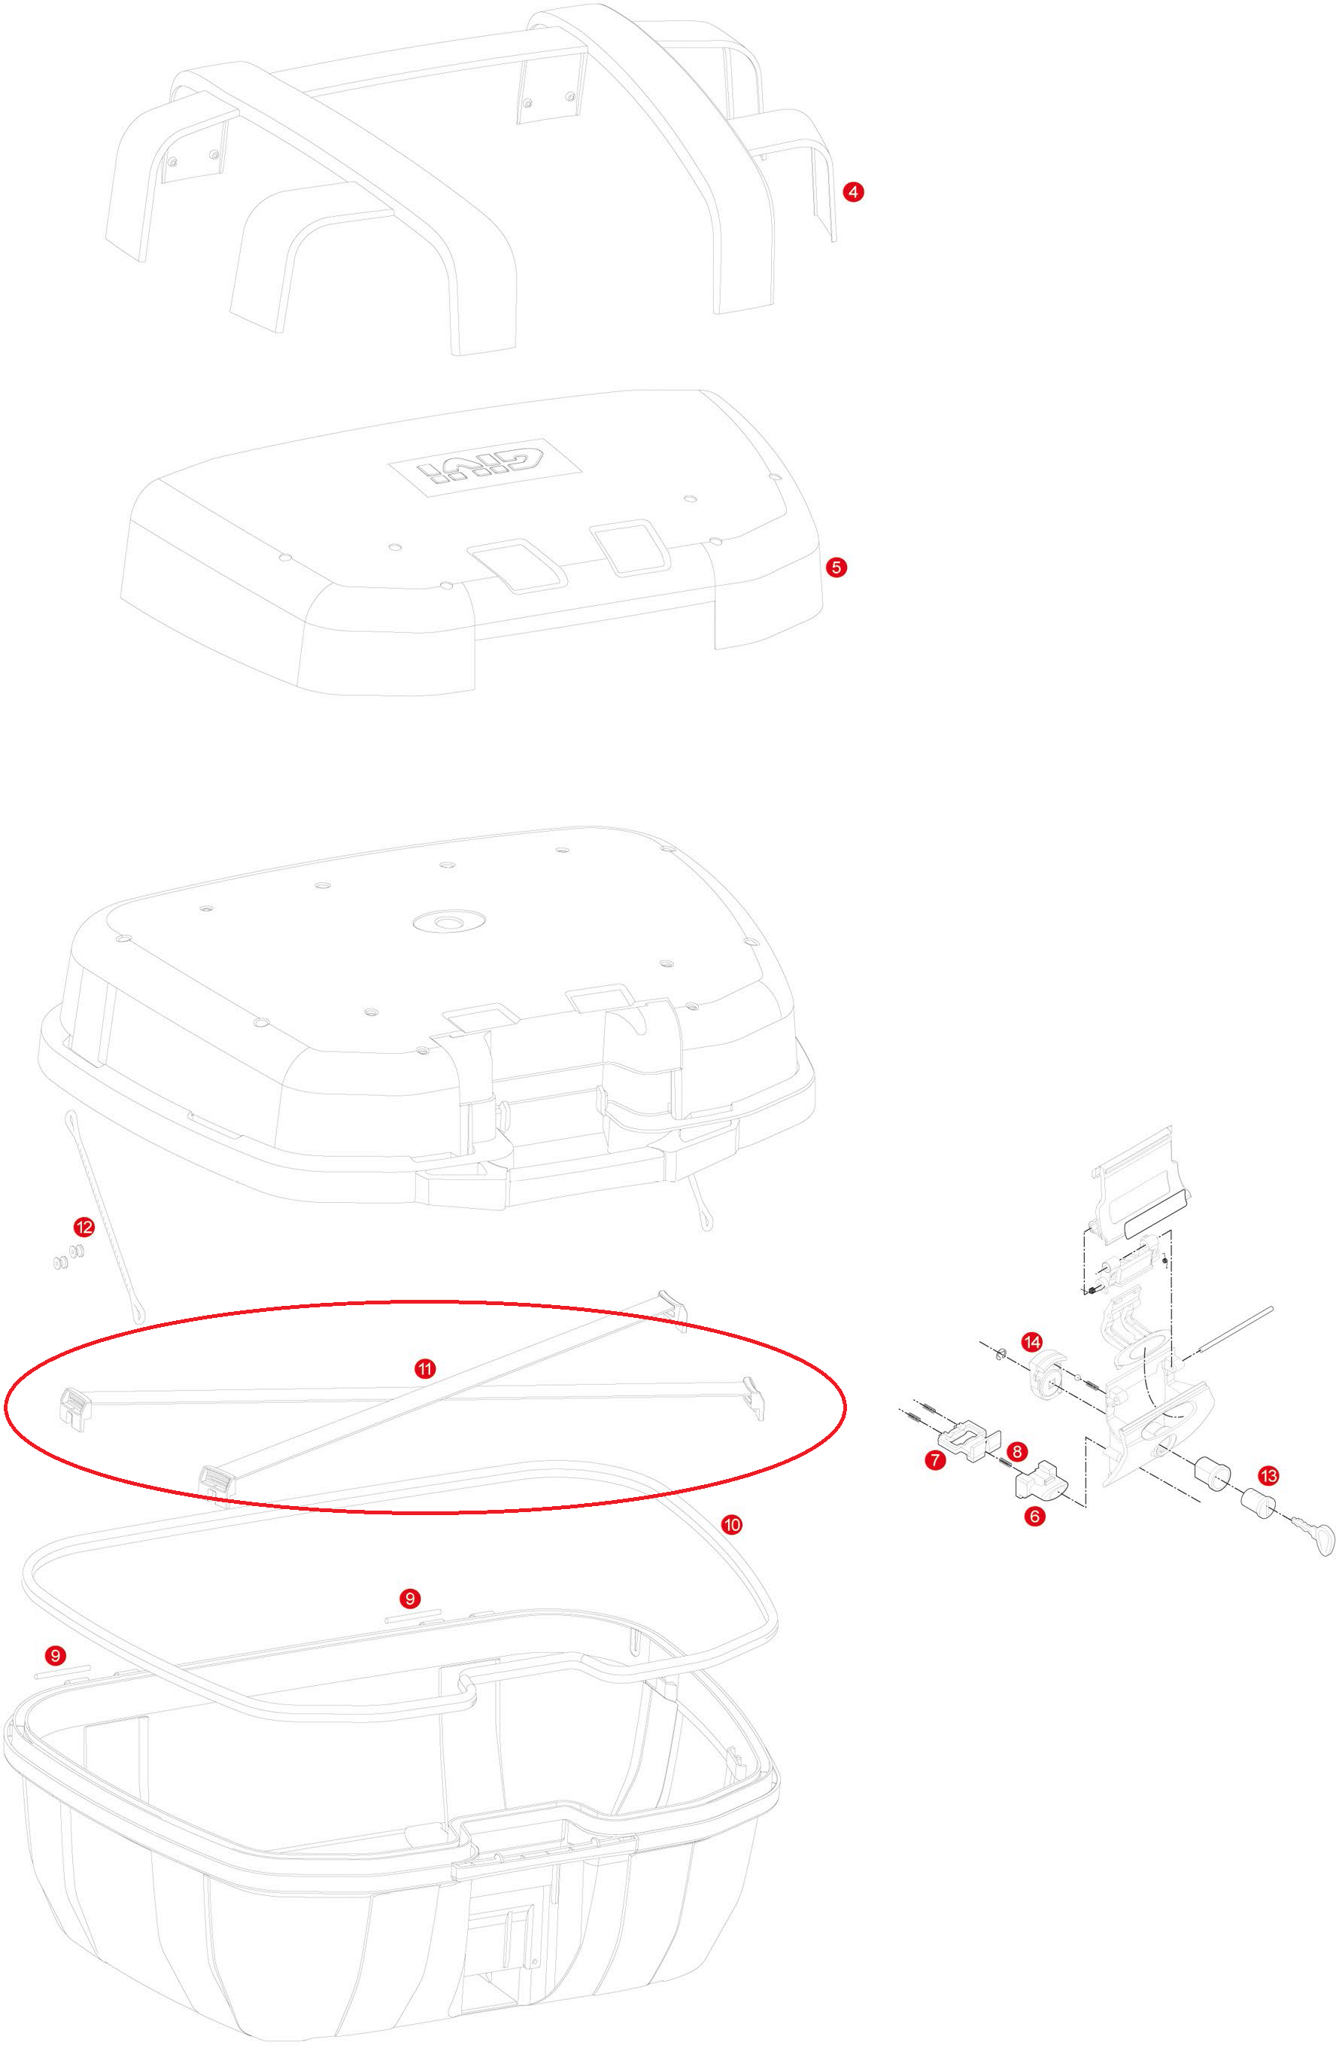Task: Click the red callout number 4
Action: (x=852, y=192)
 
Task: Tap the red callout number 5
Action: (x=836, y=567)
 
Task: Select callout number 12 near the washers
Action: (x=84, y=1227)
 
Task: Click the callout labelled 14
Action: (x=1032, y=1341)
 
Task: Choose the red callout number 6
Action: (x=1035, y=1517)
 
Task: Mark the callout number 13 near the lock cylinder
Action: (x=1268, y=1476)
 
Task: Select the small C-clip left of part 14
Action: (x=1000, y=1356)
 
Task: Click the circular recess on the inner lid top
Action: (x=449, y=923)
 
